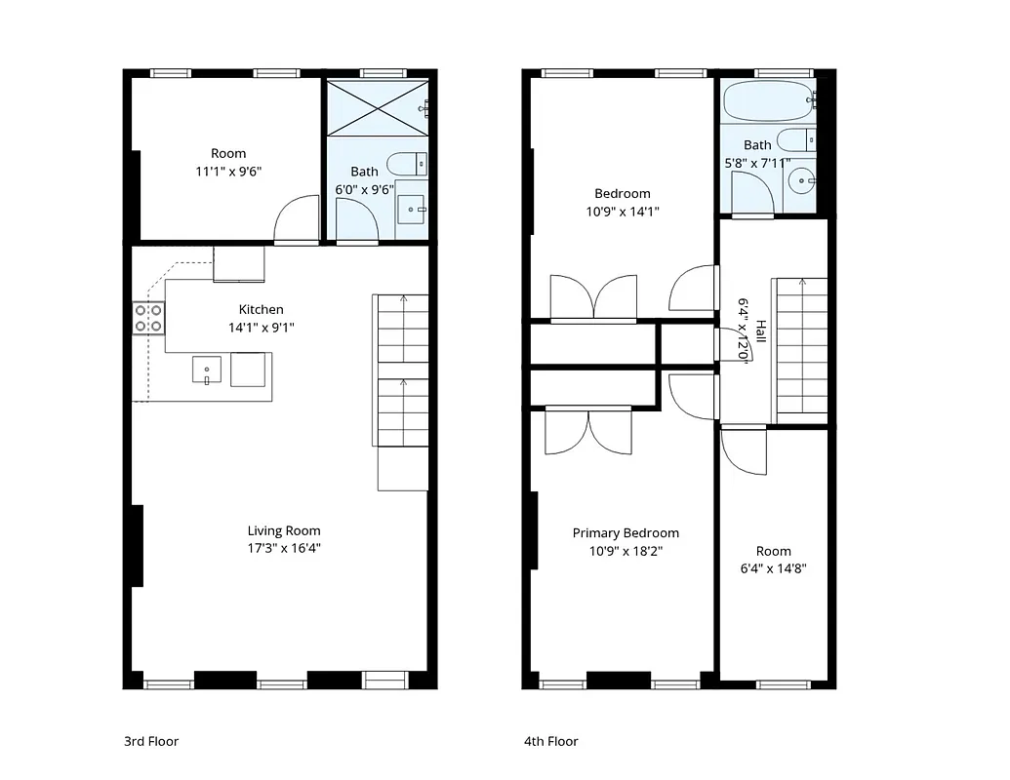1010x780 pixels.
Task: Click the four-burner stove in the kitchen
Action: pyautogui.click(x=148, y=318)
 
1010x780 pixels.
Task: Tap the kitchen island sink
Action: pyautogui.click(x=206, y=370)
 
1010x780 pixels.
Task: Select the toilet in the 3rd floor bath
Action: pyautogui.click(x=406, y=163)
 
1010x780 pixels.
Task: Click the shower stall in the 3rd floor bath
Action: pyautogui.click(x=377, y=107)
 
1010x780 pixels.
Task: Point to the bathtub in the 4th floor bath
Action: pyautogui.click(x=765, y=100)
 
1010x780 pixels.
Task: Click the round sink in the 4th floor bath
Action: pyautogui.click(x=800, y=180)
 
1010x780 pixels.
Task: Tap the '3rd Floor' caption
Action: pyautogui.click(x=151, y=741)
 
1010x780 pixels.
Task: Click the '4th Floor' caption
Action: pyautogui.click(x=551, y=741)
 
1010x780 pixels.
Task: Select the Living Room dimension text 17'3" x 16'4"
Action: pyautogui.click(x=284, y=548)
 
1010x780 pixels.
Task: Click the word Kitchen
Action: pyautogui.click(x=262, y=309)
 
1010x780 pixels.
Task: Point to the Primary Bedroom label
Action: pyautogui.click(x=626, y=532)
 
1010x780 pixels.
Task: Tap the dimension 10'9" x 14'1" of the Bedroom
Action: pyautogui.click(x=623, y=212)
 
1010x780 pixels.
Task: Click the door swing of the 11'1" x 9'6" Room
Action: pyautogui.click(x=297, y=221)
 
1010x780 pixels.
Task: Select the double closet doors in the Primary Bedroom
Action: pyautogui.click(x=587, y=430)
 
